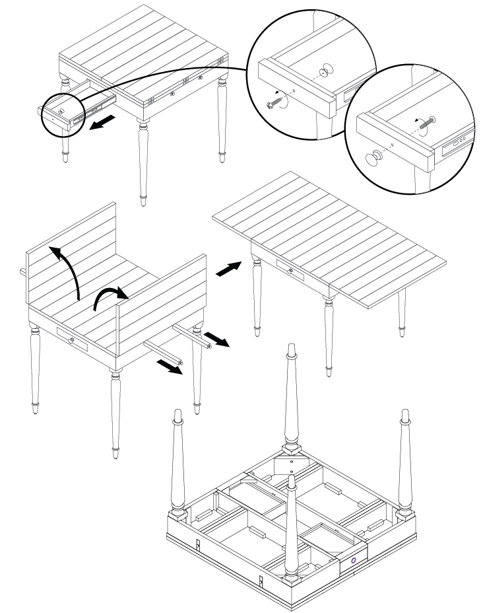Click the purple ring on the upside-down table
click(354, 560)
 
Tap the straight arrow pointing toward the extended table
click(228, 270)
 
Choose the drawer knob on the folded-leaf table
click(71, 339)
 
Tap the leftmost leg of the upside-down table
click(178, 462)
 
